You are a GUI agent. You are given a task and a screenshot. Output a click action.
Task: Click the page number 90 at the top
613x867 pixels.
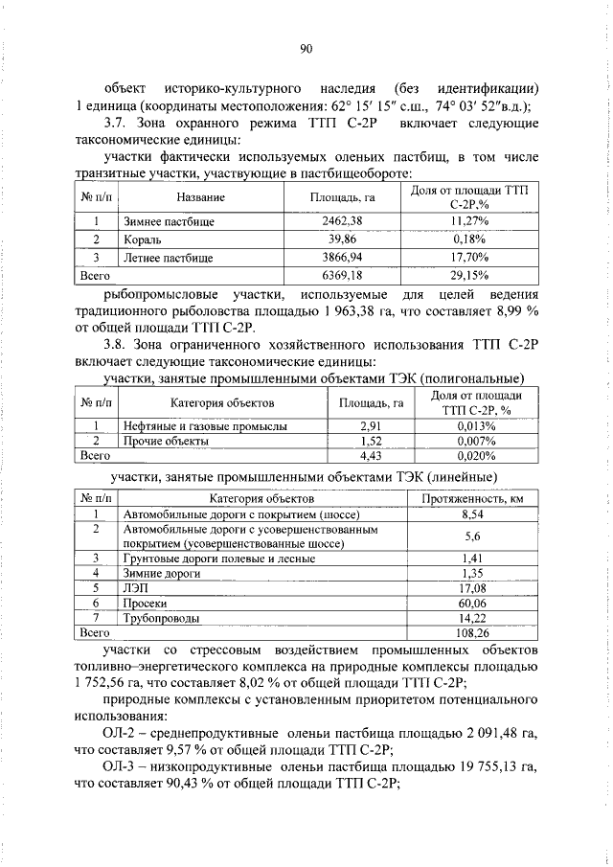pos(306,50)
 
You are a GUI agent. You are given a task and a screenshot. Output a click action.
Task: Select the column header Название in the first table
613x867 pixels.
pos(200,197)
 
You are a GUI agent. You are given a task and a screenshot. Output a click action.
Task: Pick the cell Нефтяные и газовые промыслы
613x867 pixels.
pos(204,425)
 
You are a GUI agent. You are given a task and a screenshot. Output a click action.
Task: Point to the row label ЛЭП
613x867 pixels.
pos(133,587)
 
